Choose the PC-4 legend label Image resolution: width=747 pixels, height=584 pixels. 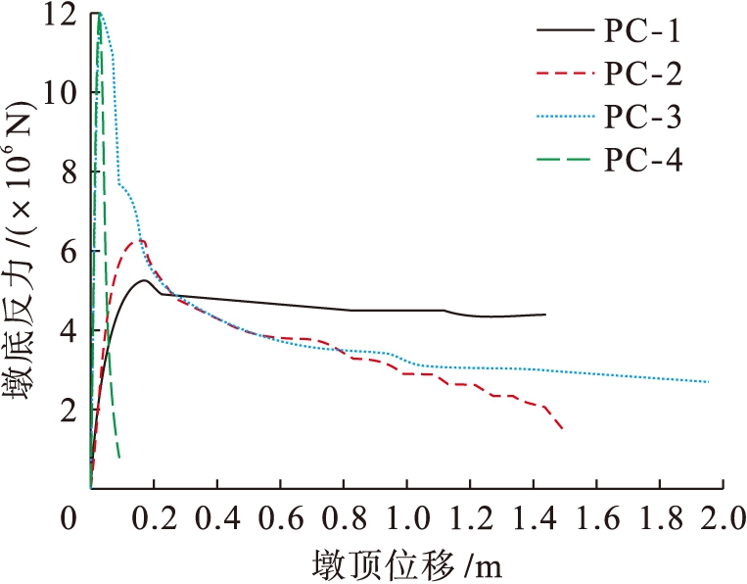click(642, 159)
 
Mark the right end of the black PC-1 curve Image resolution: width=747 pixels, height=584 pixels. click(544, 315)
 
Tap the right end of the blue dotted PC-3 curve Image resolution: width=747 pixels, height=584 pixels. click(708, 382)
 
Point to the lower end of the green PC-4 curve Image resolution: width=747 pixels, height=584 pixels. click(118, 457)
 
